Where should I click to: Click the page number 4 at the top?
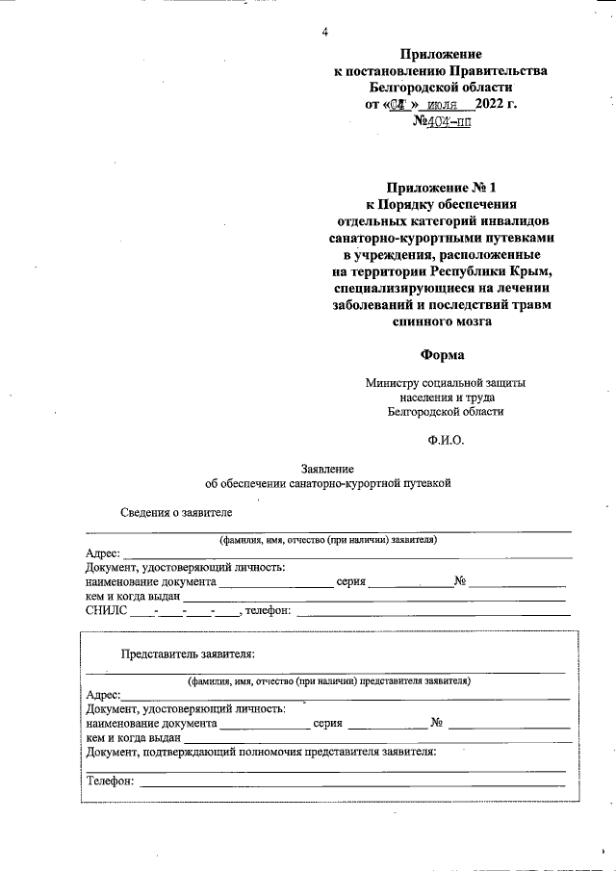tap(325, 33)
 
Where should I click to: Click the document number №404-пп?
tap(441, 122)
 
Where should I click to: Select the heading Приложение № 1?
tap(441, 186)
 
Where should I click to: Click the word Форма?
tap(441, 354)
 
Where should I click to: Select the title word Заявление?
tap(327, 467)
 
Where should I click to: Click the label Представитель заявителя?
tap(187, 654)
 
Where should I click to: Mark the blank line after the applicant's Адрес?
tap(346, 555)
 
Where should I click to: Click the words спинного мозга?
tap(441, 322)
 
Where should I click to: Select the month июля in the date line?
tap(444, 104)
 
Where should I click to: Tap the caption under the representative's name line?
tap(328, 680)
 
